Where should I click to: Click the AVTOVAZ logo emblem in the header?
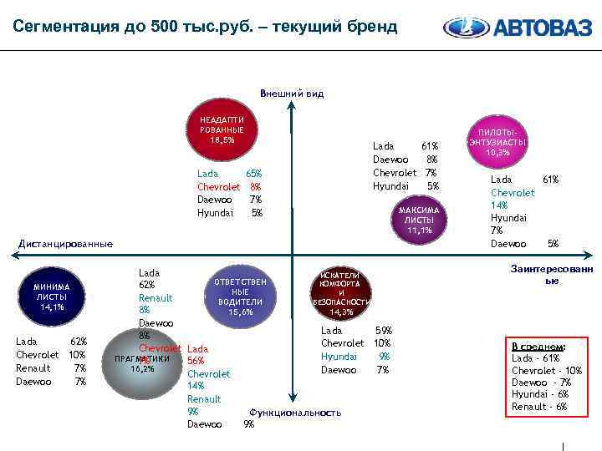tap(465, 28)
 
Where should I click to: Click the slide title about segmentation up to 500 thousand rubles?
tap(206, 27)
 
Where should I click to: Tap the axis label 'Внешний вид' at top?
tap(292, 94)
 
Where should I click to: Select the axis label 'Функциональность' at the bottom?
tap(295, 413)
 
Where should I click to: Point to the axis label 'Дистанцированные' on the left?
tap(65, 244)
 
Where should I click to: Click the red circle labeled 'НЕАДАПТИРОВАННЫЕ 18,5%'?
tap(222, 131)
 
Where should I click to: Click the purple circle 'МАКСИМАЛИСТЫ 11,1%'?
tap(418, 219)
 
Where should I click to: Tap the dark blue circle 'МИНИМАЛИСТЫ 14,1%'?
tap(52, 296)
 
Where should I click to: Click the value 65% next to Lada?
tap(253, 174)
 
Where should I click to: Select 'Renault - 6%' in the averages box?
tap(538, 407)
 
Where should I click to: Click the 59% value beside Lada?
tap(383, 331)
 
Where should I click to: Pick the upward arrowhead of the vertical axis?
tap(291, 106)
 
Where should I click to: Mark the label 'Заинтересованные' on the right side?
tap(551, 275)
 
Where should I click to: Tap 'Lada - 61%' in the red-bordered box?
tap(535, 358)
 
